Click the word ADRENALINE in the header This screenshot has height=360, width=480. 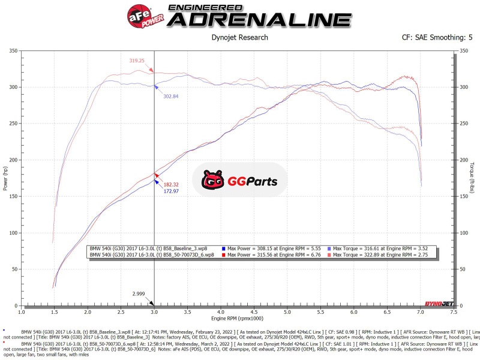(259, 19)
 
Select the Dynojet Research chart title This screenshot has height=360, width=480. (240, 37)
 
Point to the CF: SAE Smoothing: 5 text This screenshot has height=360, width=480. (437, 37)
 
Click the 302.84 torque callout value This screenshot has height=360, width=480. (171, 96)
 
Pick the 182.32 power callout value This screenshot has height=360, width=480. (172, 184)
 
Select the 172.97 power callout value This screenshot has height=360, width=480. (172, 191)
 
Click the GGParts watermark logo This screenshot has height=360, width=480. (239, 179)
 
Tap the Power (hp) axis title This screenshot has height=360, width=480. (5, 178)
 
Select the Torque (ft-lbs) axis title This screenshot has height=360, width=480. (473, 178)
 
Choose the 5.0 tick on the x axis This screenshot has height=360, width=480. (287, 312)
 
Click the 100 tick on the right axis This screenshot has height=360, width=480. (463, 233)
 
